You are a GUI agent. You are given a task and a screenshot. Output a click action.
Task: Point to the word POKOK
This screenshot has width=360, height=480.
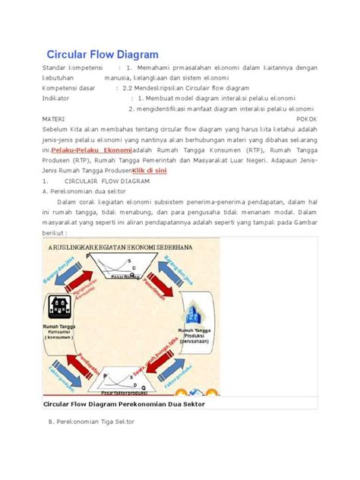306,119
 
